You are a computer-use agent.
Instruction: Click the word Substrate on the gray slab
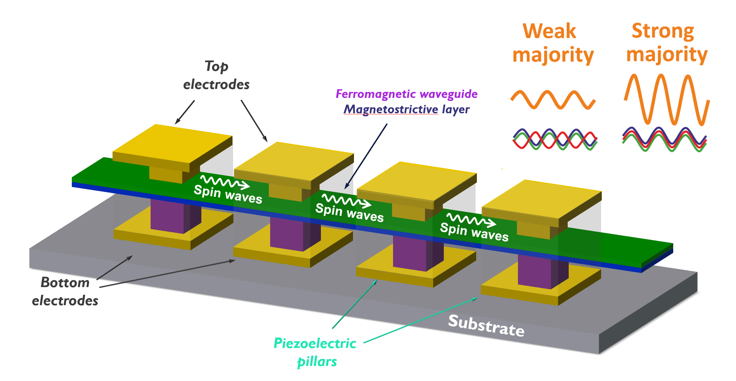(x=486, y=326)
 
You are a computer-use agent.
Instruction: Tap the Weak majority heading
(x=553, y=43)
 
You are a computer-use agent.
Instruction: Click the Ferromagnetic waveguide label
(x=406, y=94)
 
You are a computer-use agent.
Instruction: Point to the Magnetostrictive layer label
(x=406, y=109)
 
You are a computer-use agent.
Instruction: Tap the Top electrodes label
(x=216, y=76)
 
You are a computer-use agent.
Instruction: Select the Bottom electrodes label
(x=65, y=291)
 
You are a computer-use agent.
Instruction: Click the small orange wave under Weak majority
(x=553, y=100)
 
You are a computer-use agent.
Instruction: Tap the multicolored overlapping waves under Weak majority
(x=554, y=139)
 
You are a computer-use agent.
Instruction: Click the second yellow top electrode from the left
(x=294, y=162)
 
